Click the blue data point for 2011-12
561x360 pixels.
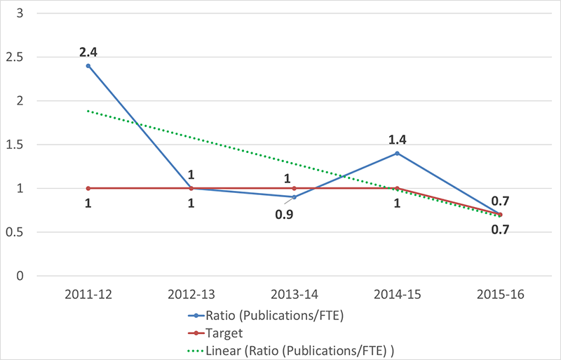click(x=88, y=65)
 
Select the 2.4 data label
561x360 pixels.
click(x=88, y=51)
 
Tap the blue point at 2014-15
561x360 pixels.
click(x=397, y=153)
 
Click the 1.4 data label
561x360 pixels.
click(x=397, y=138)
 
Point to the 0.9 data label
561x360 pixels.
click(x=284, y=213)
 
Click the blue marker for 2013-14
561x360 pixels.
click(x=294, y=197)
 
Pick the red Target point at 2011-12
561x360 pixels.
click(x=88, y=188)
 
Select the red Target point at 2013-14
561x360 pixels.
click(x=294, y=188)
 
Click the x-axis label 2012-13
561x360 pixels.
click(x=191, y=293)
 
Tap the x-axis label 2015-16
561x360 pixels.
click(x=499, y=293)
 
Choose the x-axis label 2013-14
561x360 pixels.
click(x=294, y=293)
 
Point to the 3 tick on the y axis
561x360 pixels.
click(x=22, y=13)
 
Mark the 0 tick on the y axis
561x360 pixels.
click(x=22, y=276)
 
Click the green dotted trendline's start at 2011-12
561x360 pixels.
click(x=88, y=110)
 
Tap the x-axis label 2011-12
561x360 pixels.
click(x=88, y=293)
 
